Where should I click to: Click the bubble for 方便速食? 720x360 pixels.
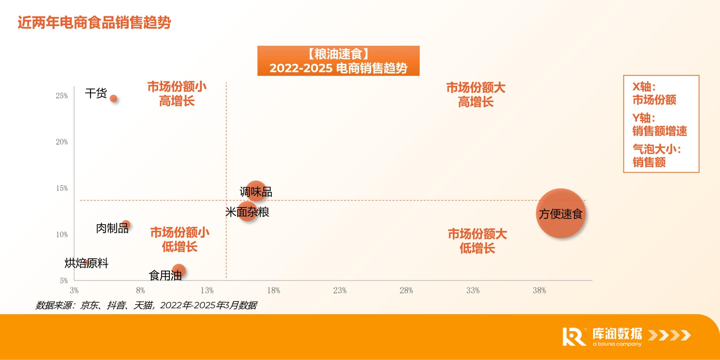click(x=561, y=213)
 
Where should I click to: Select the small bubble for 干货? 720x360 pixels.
click(x=113, y=98)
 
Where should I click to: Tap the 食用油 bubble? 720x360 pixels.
click(x=179, y=271)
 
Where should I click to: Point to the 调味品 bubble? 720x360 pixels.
click(x=256, y=191)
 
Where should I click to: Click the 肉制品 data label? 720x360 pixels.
click(x=112, y=228)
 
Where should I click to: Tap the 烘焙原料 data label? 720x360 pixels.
click(x=86, y=263)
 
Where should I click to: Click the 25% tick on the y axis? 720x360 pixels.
click(x=62, y=96)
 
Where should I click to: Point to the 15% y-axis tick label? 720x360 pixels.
click(x=62, y=188)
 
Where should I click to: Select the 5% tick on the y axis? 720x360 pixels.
click(x=64, y=280)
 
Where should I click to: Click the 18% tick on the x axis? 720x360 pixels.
click(x=273, y=291)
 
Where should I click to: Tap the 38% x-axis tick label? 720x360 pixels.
click(x=539, y=291)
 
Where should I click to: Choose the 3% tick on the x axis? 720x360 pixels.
click(x=74, y=291)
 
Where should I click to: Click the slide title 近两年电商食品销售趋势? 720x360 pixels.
click(x=94, y=22)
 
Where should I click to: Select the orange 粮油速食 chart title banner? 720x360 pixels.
click(x=338, y=61)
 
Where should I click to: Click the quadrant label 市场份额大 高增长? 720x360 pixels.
click(x=476, y=94)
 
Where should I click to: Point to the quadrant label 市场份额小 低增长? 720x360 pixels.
click(x=180, y=240)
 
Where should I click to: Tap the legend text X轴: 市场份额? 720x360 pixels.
click(x=654, y=93)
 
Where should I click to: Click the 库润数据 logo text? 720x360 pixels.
click(x=617, y=334)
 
